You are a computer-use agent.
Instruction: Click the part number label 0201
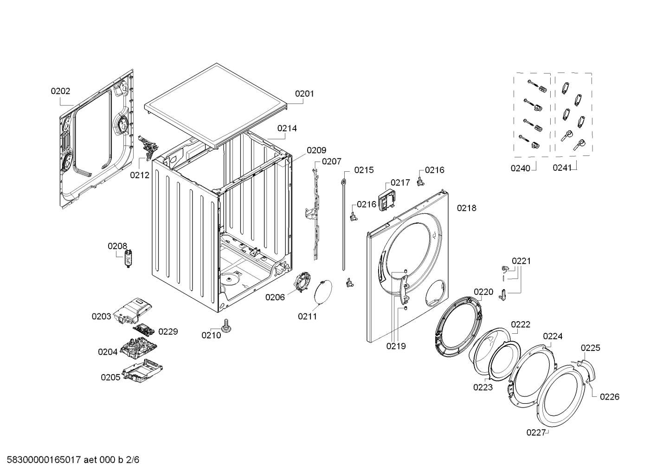click(x=304, y=94)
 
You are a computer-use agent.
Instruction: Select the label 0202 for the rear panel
click(x=60, y=91)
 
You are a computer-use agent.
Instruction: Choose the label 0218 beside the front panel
click(x=466, y=208)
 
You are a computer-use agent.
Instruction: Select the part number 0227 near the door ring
click(x=535, y=433)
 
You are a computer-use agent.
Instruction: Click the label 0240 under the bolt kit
click(x=520, y=168)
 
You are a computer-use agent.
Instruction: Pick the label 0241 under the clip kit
click(x=562, y=168)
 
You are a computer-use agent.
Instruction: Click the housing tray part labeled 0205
click(x=142, y=371)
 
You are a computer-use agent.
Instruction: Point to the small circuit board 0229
click(x=145, y=330)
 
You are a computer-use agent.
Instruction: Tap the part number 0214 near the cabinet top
click(x=287, y=129)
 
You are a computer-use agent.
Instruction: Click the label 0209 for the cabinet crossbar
click(x=316, y=150)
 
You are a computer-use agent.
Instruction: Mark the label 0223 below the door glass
click(x=482, y=387)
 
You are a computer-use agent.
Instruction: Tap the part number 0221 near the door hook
click(x=521, y=261)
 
